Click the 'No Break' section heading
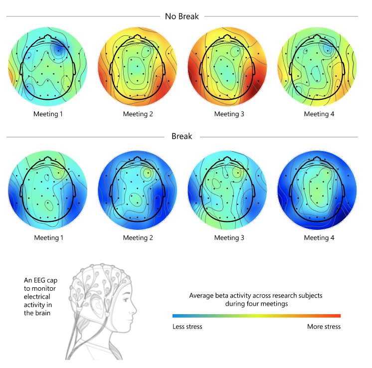click(182, 16)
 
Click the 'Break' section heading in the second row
click(182, 136)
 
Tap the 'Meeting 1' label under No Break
click(48, 114)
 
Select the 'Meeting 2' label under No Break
click(138, 114)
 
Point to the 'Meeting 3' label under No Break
click(229, 114)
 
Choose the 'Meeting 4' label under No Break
click(319, 114)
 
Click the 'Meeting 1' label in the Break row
click(49, 238)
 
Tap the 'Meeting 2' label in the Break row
click(138, 238)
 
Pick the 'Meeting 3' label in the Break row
click(229, 238)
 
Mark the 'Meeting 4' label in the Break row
click(319, 238)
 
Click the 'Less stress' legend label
click(187, 327)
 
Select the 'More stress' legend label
click(324, 327)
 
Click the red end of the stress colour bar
click(339, 316)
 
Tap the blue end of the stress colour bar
click(174, 316)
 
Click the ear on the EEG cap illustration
click(97, 305)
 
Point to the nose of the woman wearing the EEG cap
click(135, 309)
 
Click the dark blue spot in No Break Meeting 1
click(58, 50)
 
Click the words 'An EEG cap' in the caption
click(40, 280)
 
